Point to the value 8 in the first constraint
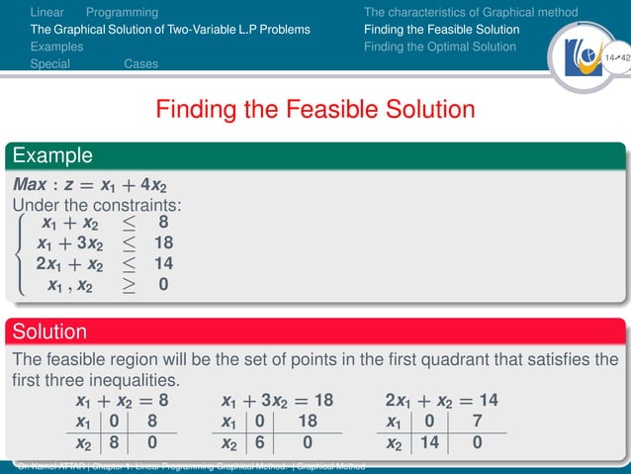pos(163,223)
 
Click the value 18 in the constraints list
pos(163,243)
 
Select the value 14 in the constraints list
pos(163,264)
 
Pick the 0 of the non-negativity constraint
pos(163,285)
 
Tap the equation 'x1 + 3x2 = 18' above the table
pos(278,401)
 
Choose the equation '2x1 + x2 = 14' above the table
pos(441,401)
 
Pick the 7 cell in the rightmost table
pos(478,423)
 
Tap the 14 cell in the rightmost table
pos(428,444)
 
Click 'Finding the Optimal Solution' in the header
pos(440,47)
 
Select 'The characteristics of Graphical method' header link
pos(471,13)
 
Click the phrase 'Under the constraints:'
pos(99,205)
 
